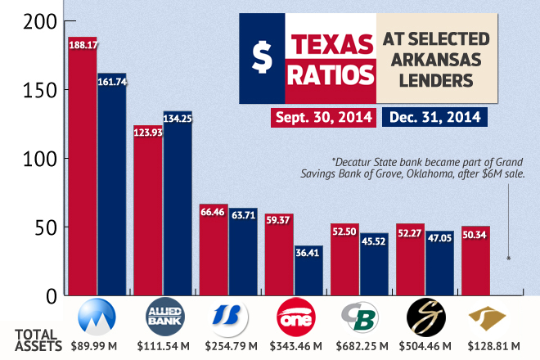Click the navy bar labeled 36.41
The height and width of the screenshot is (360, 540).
click(x=308, y=270)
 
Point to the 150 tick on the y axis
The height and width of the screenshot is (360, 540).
click(x=42, y=90)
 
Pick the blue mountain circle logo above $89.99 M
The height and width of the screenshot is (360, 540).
click(x=94, y=317)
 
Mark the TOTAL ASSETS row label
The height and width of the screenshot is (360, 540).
click(x=35, y=340)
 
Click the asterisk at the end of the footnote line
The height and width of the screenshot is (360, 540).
click(x=509, y=258)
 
